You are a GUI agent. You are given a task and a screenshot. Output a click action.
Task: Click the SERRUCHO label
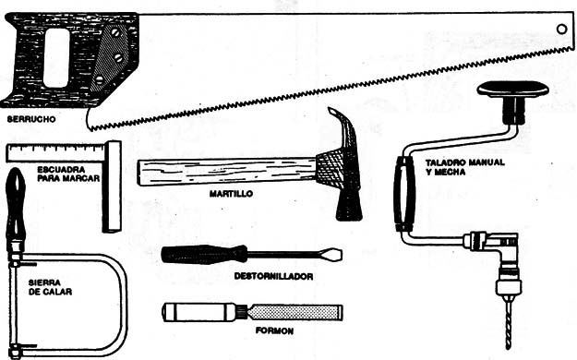[x=31, y=119]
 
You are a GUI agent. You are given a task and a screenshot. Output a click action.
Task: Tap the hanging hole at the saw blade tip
[x=561, y=29]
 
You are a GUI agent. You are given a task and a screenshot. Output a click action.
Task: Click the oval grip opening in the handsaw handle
[x=56, y=58]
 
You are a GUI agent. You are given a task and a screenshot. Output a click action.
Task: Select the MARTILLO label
[x=231, y=193]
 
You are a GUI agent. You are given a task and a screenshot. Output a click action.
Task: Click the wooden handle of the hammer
[x=227, y=172]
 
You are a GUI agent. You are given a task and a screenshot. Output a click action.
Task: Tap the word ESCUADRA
[x=61, y=170]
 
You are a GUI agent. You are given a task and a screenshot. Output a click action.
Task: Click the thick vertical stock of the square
[x=112, y=186]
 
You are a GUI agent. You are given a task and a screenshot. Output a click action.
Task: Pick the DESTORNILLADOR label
[x=273, y=276]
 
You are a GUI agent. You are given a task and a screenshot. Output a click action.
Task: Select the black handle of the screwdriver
[x=204, y=255]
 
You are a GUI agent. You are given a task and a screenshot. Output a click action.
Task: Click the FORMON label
[x=274, y=330]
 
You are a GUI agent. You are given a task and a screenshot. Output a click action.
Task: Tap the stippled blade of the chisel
[x=295, y=313]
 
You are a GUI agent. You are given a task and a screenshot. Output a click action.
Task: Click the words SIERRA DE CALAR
[x=50, y=287]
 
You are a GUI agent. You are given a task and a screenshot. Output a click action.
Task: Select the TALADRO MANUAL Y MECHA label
[x=464, y=167]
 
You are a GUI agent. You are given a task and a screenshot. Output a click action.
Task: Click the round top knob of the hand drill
[x=512, y=90]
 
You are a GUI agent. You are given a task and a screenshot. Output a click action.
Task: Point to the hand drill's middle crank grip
[x=402, y=194]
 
